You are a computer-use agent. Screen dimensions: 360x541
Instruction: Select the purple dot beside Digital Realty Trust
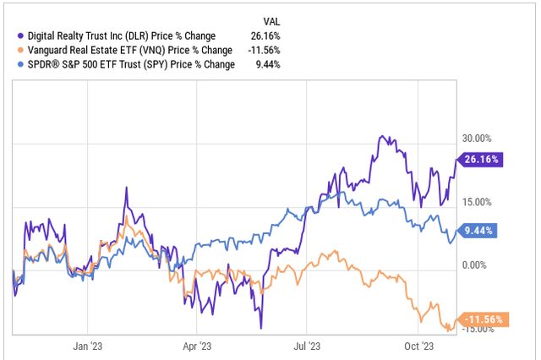[20, 35]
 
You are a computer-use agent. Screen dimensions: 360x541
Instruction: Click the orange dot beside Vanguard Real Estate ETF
[20, 49]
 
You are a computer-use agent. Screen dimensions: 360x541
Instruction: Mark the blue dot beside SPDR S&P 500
[20, 63]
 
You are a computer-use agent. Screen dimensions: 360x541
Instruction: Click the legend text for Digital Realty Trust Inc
[123, 35]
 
